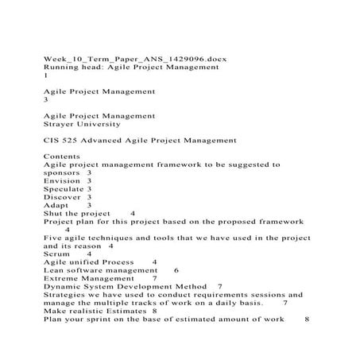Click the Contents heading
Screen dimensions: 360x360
point(63,157)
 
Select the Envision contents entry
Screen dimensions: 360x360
point(62,181)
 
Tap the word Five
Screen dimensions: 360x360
point(52,238)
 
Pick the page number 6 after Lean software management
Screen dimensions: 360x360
point(176,270)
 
